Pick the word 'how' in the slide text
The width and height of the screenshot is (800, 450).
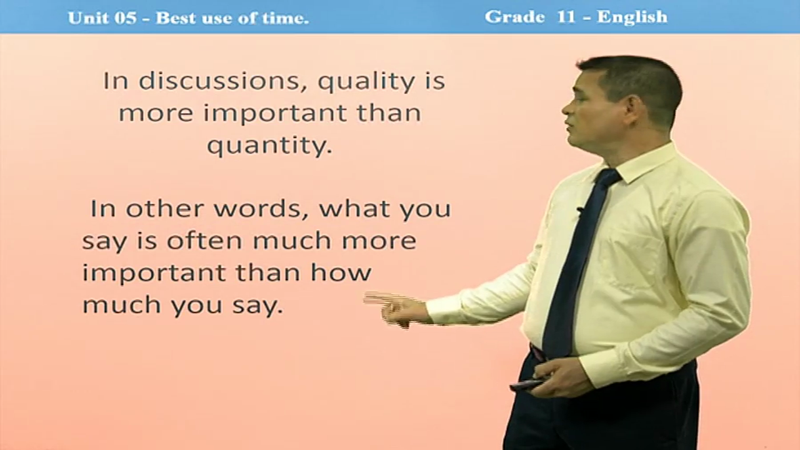point(341,272)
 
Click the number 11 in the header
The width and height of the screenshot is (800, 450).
point(566,17)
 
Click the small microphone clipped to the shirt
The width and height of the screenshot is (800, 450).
point(579,209)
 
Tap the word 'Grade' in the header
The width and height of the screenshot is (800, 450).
point(514,17)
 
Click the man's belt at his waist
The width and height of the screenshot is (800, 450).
point(537,352)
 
